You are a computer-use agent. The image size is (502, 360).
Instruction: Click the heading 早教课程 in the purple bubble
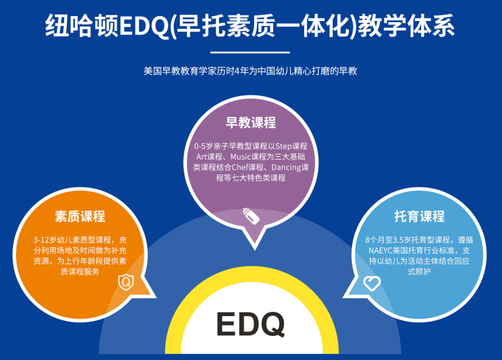pyautogui.click(x=250, y=122)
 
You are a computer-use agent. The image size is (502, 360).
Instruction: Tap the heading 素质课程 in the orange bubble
pyautogui.click(x=80, y=216)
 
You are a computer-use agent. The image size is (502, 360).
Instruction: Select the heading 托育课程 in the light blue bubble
pyautogui.click(x=419, y=216)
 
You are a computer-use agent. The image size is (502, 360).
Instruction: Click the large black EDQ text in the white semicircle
pyautogui.click(x=250, y=324)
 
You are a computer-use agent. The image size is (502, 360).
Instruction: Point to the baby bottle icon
pyautogui.click(x=251, y=216)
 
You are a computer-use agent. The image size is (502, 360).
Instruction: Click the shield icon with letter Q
pyautogui.click(x=126, y=282)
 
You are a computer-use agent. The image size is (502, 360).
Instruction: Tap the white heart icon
pyautogui.click(x=372, y=283)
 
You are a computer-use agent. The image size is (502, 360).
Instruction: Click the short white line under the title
pyautogui.click(x=250, y=52)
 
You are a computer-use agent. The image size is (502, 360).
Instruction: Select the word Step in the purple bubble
pyautogui.click(x=283, y=147)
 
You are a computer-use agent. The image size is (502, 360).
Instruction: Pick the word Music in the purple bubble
pyautogui.click(x=240, y=157)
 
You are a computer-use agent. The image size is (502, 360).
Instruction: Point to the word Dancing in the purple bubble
pyautogui.click(x=286, y=168)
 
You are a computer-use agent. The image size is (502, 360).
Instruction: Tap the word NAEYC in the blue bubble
pyautogui.click(x=380, y=251)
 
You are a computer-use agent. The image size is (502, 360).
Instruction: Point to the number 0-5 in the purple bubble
pyautogui.click(x=200, y=147)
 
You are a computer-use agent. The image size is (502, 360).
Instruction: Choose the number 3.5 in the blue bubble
pyautogui.click(x=399, y=240)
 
